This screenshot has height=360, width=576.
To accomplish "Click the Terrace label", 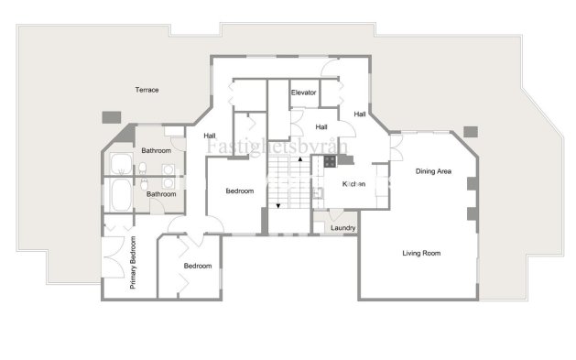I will coord(147,90).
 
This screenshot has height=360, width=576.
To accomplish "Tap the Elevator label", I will coord(303,93).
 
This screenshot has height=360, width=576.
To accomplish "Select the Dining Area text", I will coord(433,171).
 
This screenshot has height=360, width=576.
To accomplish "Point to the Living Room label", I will coord(421,253).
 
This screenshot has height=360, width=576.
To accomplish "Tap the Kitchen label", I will coord(353,184).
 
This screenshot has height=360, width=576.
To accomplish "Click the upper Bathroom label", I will coord(157,150).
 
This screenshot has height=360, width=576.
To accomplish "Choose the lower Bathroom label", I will coord(162,194).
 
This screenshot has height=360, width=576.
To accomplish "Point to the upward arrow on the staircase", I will coord(299,159).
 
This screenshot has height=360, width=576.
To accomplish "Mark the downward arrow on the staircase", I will coord(278,204).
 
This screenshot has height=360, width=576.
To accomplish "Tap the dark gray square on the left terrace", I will coord(112,117).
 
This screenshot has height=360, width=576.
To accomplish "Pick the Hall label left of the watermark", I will coord(210,136).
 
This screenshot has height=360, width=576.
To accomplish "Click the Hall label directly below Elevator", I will coord(321,126).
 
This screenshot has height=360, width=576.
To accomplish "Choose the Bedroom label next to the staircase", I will coord(241,191).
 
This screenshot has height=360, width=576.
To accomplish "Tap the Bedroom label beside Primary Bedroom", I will coord(197,266).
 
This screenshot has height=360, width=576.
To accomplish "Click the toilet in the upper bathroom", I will coord(144,167).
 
